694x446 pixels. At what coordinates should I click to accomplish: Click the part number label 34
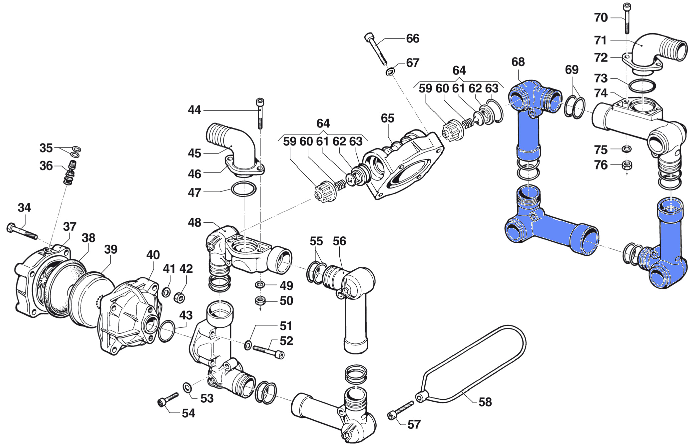[x=24, y=208]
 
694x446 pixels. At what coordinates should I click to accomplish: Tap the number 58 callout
[x=485, y=402]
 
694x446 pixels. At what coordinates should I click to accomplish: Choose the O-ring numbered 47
[x=244, y=189]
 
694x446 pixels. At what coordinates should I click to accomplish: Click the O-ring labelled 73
[x=642, y=86]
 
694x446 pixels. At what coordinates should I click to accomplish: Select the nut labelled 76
[x=627, y=165]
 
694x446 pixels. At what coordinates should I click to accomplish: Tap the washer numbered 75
[x=627, y=149]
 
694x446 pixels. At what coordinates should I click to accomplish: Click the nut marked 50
[x=260, y=301]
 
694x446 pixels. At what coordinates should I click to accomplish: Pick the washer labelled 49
[x=260, y=285]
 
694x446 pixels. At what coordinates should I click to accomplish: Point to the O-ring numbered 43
[x=166, y=331]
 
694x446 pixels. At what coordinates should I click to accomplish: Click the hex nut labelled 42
[x=180, y=297]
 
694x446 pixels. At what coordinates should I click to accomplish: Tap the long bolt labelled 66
[x=376, y=48]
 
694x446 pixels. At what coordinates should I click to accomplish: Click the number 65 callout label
[x=387, y=118]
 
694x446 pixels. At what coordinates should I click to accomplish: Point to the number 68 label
[x=518, y=62]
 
